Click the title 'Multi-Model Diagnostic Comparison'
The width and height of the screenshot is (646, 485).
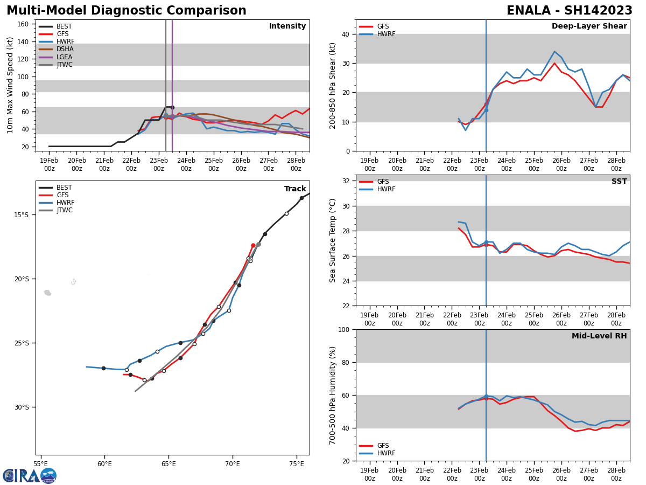click(127, 11)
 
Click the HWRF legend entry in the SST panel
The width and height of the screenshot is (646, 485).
click(385, 189)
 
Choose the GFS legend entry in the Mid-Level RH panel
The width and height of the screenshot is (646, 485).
click(383, 446)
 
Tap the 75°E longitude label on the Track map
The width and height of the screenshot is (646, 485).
click(297, 463)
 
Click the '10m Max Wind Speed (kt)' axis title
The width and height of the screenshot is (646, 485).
click(10, 85)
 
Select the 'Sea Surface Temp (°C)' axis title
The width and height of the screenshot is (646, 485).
click(333, 240)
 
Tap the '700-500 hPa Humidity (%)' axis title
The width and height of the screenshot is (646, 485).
click(333, 395)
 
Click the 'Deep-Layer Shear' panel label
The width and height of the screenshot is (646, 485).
click(589, 26)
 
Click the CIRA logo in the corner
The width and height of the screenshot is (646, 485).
click(30, 475)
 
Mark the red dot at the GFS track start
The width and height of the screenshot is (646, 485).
click(253, 246)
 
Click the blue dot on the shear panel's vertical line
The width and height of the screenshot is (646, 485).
click(486, 110)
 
